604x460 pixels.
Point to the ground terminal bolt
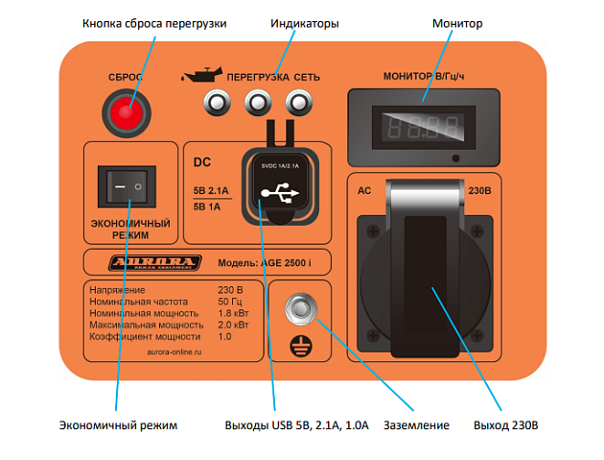click(x=300, y=306)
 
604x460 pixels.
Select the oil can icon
click(x=201, y=73)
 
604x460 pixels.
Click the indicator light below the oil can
click(x=216, y=102)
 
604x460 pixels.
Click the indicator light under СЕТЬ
click(x=300, y=102)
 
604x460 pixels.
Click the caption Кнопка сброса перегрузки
click(x=154, y=23)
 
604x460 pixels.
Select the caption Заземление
click(x=415, y=424)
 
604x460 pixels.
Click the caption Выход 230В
click(x=505, y=424)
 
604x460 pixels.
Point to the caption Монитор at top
click(x=457, y=23)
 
